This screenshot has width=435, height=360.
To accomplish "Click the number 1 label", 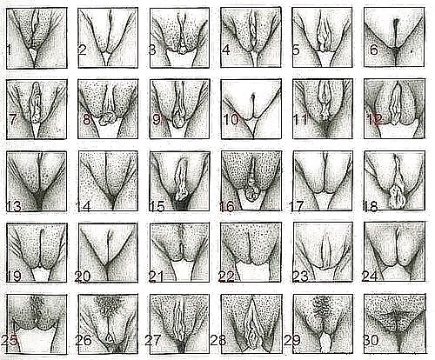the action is (9, 50).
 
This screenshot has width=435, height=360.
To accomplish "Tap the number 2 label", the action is (83, 50).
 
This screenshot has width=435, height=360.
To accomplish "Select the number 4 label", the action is (226, 50).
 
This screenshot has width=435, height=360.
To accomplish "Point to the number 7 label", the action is (12, 119).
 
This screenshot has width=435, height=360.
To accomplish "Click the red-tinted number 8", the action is (87, 119).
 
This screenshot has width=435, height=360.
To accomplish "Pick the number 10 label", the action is (231, 119).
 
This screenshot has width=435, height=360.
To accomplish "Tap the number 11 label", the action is (301, 119).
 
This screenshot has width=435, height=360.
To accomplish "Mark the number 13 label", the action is (14, 206).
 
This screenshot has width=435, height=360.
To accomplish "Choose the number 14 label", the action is (84, 206).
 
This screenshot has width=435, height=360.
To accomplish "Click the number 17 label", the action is (297, 206).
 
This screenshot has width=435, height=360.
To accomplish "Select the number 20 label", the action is (83, 277).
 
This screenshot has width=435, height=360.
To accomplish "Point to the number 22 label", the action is (226, 277).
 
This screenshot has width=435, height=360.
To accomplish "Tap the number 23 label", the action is (300, 277).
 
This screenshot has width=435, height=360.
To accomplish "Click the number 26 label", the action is (84, 341).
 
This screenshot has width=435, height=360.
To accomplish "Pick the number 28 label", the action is (218, 340).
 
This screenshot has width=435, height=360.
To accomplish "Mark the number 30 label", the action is (371, 340).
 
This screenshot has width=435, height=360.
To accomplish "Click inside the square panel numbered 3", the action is (179, 38).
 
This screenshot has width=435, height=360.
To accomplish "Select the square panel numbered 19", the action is (37, 253).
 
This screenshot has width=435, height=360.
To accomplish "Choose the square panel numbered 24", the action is (394, 251).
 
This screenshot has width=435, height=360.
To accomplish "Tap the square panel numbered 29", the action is (323, 324).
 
